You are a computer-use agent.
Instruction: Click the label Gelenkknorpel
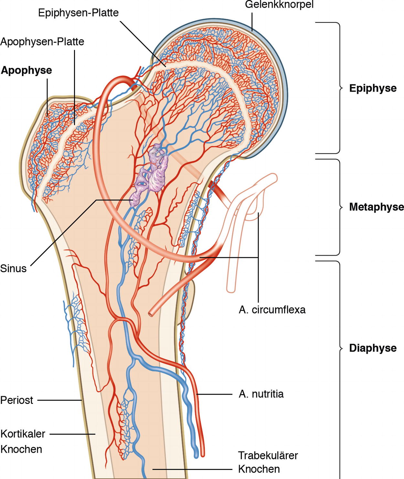(279, 5)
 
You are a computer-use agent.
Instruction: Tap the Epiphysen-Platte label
(78, 13)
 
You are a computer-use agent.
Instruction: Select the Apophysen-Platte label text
(42, 42)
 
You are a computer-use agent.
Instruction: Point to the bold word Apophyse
(27, 70)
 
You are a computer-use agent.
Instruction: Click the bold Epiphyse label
(373, 88)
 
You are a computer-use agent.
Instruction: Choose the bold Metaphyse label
(376, 207)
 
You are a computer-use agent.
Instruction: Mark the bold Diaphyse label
(373, 348)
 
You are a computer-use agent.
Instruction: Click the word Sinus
(13, 268)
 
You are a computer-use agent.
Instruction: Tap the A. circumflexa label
(272, 310)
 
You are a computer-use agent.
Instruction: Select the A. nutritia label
(261, 394)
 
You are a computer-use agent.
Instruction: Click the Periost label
(17, 400)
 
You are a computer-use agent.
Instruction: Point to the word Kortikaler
(23, 434)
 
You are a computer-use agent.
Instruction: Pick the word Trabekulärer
(268, 455)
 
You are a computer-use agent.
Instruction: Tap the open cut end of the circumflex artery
(151, 314)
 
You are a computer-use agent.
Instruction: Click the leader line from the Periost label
(60, 400)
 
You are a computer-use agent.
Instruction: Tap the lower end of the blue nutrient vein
(196, 456)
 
